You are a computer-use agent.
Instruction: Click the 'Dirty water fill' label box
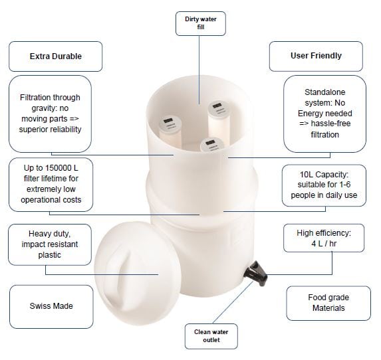tap(200, 23)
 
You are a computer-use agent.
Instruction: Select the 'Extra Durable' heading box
tap(56, 56)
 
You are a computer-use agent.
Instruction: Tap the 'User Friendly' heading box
tap(316, 56)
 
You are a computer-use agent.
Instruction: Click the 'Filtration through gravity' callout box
tap(50, 114)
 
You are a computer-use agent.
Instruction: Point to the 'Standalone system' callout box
tap(325, 114)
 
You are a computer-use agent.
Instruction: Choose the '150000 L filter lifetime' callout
tap(51, 185)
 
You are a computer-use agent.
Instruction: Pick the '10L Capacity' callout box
tap(324, 185)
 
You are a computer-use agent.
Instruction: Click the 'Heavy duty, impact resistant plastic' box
tap(50, 244)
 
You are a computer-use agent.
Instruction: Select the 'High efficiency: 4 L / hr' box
tap(324, 238)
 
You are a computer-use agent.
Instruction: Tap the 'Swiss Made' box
tap(51, 307)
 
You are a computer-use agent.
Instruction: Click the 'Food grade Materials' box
tap(328, 303)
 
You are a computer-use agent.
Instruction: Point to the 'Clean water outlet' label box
tap(211, 336)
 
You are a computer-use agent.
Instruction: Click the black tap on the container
tap(257, 273)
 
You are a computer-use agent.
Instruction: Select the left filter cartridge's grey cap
tap(170, 124)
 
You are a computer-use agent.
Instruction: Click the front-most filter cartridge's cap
tap(212, 145)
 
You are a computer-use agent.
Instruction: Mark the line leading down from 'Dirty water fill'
tap(199, 70)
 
